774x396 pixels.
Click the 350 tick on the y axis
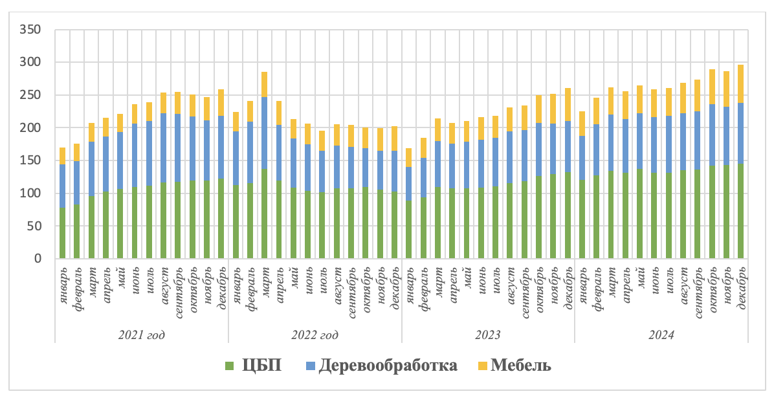(x=30, y=30)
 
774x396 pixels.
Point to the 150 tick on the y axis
(x=30, y=160)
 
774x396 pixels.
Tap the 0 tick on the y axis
(x=38, y=259)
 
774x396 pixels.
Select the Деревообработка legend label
(x=388, y=366)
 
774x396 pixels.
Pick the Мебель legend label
(x=521, y=366)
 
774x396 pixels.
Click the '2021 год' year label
(x=141, y=335)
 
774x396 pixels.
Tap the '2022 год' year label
(x=315, y=335)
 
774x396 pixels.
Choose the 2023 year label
(x=488, y=335)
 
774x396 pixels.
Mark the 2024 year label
(x=661, y=335)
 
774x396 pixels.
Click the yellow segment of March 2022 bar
(x=264, y=84)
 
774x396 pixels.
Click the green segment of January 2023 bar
(x=408, y=230)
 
